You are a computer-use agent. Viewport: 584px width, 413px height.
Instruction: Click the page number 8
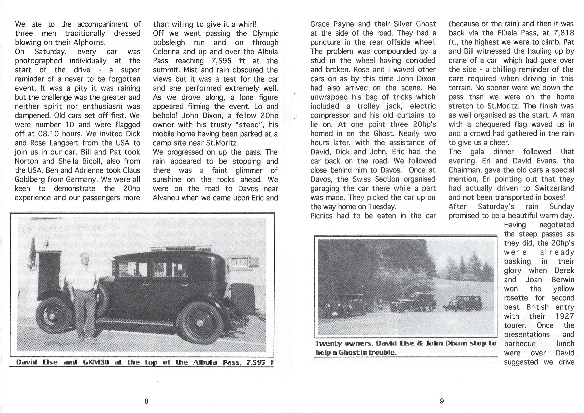146,401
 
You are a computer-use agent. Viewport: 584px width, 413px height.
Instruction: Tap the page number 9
442,401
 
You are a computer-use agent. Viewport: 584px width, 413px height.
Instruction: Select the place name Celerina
166,52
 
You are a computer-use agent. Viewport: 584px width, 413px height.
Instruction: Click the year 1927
565,316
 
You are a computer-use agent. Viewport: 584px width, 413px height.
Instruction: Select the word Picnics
322,215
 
